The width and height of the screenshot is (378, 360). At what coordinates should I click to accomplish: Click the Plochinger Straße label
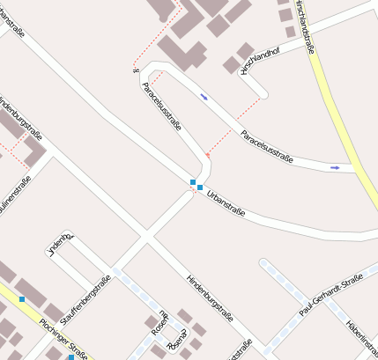point(64,338)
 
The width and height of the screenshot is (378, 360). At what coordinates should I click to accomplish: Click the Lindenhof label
point(58,244)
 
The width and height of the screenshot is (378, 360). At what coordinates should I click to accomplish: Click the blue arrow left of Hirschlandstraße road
point(334,166)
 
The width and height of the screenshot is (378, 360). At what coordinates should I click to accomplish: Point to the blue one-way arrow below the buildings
point(204,96)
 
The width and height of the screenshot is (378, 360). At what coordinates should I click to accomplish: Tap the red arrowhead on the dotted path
point(208,155)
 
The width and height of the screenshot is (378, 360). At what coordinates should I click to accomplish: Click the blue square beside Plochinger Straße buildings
point(22,299)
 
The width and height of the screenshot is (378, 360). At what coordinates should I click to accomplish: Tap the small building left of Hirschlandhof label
point(231,65)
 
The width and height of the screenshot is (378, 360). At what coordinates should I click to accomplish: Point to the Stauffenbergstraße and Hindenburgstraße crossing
point(146,237)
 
